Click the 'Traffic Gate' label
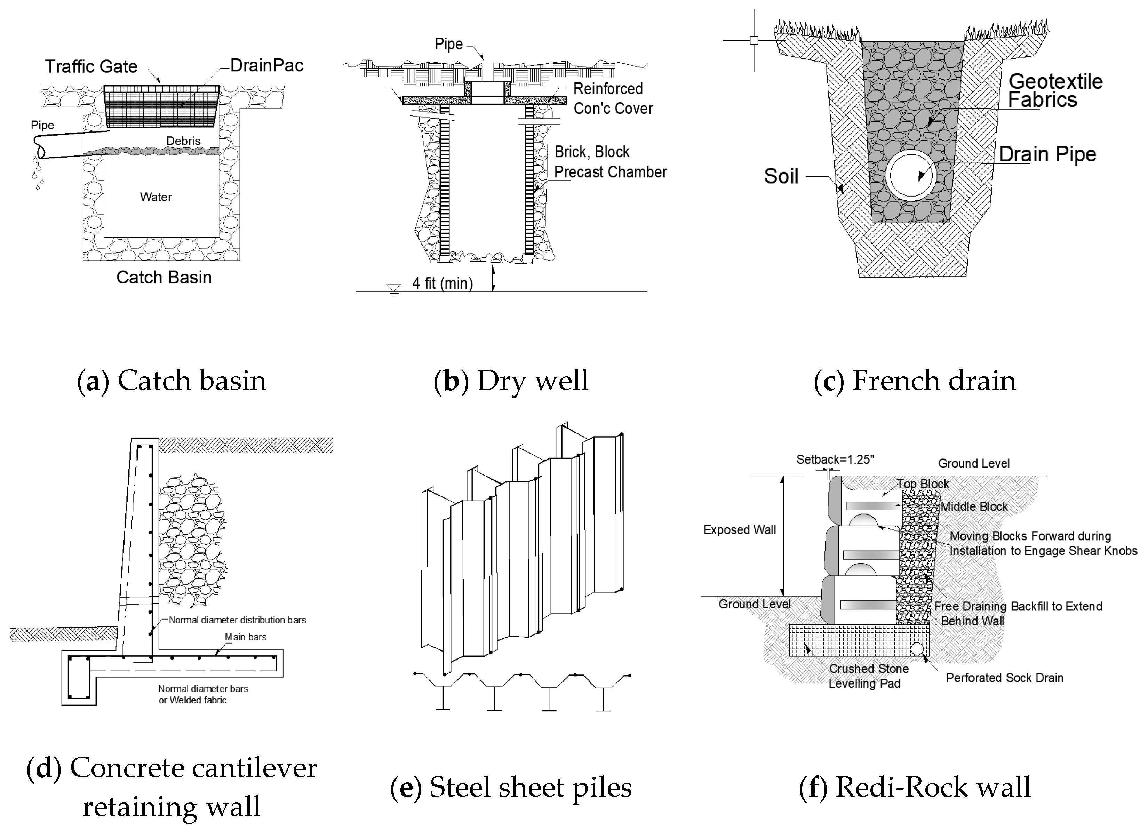[x=91, y=66]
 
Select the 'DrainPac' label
[x=267, y=65]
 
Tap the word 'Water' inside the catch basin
[x=156, y=197]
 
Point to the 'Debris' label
[x=183, y=141]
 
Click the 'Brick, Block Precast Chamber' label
[x=610, y=162]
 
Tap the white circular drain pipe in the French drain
[x=911, y=175]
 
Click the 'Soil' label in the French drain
[x=781, y=176]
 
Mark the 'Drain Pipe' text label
[x=1047, y=154]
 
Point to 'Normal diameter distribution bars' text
[x=237, y=620]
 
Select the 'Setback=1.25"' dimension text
[x=835, y=460]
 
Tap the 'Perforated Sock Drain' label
[x=1004, y=678]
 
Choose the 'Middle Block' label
[x=974, y=506]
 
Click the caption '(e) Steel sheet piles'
[x=511, y=788]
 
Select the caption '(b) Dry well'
[x=511, y=381]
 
